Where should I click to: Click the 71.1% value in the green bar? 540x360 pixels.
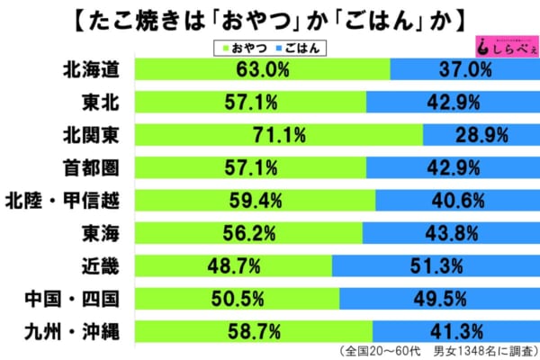coord(280,135)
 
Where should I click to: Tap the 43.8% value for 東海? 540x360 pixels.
coord(450,232)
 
